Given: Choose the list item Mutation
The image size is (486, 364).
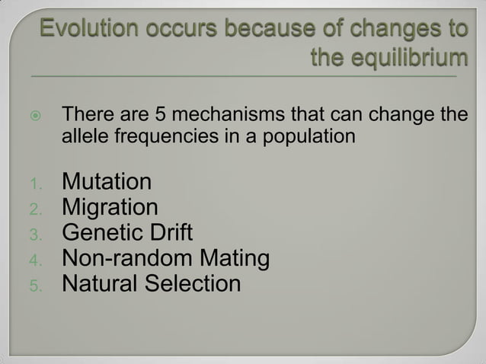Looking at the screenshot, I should coord(106,183).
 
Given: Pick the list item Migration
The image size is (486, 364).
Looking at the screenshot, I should coord(110,208).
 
